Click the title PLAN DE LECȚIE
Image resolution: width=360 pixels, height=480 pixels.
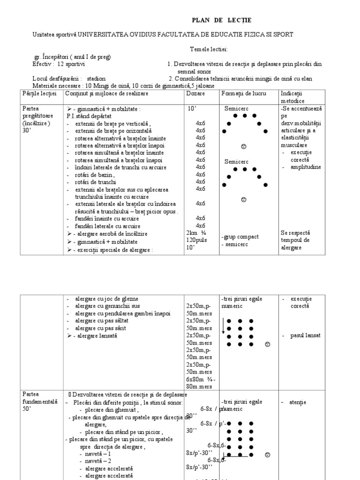pyautogui.click(x=222, y=20)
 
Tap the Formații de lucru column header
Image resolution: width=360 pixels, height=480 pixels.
pyautogui.click(x=240, y=94)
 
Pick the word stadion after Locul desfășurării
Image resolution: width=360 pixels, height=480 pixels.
pyautogui.click(x=96, y=79)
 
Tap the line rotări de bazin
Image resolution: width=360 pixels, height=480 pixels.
pyautogui.click(x=94, y=175)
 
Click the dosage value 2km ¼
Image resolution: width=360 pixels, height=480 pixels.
pyautogui.click(x=196, y=232)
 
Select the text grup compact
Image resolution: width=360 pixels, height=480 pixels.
pyautogui.click(x=241, y=237)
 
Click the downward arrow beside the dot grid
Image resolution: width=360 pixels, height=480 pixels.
pyautogui.click(x=223, y=325)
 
